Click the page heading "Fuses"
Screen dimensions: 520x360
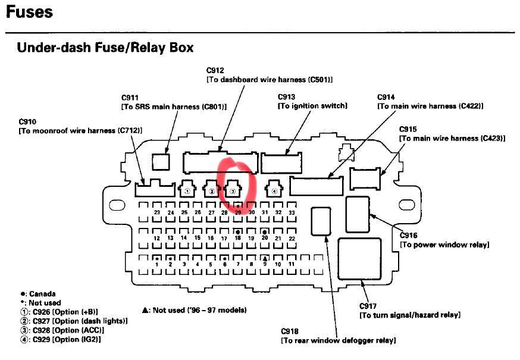pyautogui.click(x=30, y=12)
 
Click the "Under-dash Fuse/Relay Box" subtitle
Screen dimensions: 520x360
pyautogui.click(x=105, y=48)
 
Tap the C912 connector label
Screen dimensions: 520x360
pyautogui.click(x=270, y=75)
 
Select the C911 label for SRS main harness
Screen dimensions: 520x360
pyautogui.click(x=174, y=102)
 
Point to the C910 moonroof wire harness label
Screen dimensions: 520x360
pyautogui.click(x=80, y=126)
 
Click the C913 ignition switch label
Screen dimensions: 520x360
pyautogui.click(x=312, y=101)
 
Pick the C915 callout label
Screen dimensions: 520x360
pyautogui.click(x=452, y=134)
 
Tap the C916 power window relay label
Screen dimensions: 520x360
pyautogui.click(x=444, y=240)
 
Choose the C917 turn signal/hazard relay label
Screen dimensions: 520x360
pyautogui.click(x=410, y=310)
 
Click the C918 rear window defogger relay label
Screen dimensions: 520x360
pyautogui.click(x=339, y=336)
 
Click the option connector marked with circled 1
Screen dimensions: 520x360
pyautogui.click(x=187, y=189)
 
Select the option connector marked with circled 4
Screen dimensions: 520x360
pyautogui.click(x=274, y=189)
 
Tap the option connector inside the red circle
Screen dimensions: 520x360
pyautogui.click(x=233, y=189)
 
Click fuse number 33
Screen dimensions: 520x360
pyautogui.click(x=292, y=212)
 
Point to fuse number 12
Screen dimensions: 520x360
pyautogui.click(x=157, y=238)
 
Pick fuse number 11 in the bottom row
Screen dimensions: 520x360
pyautogui.click(x=292, y=264)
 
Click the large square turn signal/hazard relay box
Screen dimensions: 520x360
pyautogui.click(x=359, y=259)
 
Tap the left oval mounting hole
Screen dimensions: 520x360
pyautogui.click(x=117, y=205)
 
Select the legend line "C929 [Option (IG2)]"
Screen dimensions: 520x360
pyautogui.click(x=61, y=339)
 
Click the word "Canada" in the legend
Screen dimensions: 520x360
pyautogui.click(x=42, y=293)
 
